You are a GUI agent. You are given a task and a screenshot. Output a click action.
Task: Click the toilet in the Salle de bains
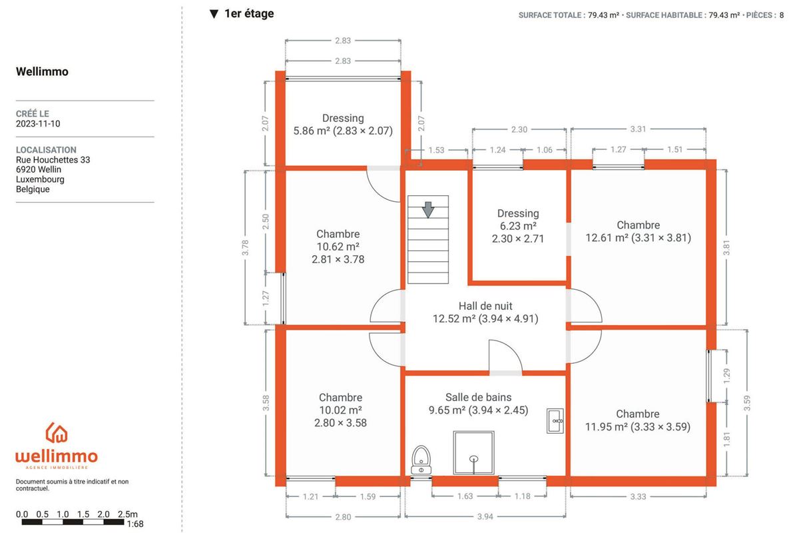pyautogui.click(x=421, y=460)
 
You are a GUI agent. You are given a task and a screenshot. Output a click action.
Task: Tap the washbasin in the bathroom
pyautogui.click(x=555, y=421)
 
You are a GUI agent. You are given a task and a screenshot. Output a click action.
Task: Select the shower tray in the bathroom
pyautogui.click(x=473, y=452)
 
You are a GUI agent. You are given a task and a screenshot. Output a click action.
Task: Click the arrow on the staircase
pyautogui.click(x=428, y=210)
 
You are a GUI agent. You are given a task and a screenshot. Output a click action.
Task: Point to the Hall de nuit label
pyautogui.click(x=485, y=306)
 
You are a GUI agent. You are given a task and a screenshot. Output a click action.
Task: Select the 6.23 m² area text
pyautogui.click(x=518, y=226)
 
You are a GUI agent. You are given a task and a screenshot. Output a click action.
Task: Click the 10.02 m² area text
pyautogui.click(x=341, y=410)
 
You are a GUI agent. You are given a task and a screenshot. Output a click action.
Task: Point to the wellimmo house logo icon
pyautogui.click(x=57, y=432)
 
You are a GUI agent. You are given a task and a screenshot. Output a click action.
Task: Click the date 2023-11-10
pyautogui.click(x=38, y=123)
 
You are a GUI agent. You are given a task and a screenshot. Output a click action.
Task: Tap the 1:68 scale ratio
pyautogui.click(x=135, y=524)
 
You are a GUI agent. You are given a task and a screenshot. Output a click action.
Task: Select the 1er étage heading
pyautogui.click(x=249, y=13)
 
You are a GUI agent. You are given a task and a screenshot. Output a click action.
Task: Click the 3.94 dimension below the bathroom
pyautogui.click(x=485, y=516)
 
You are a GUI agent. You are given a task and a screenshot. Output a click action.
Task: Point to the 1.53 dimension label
pyautogui.click(x=436, y=150)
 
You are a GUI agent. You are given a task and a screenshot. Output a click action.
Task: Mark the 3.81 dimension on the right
pyautogui.click(x=726, y=247)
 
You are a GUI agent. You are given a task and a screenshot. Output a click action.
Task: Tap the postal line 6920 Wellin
pyautogui.click(x=39, y=169)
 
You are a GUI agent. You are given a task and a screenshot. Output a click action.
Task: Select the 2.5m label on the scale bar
pyautogui.click(x=128, y=514)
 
